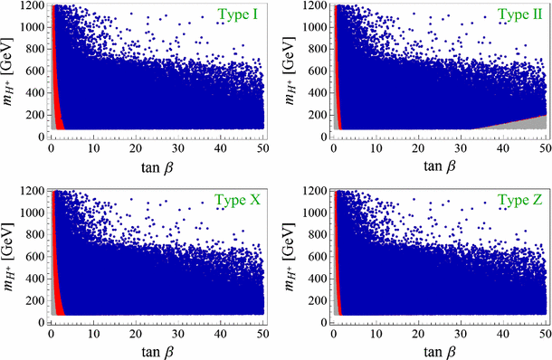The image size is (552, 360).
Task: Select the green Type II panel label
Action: [515, 15]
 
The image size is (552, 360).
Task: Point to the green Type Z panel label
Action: [515, 200]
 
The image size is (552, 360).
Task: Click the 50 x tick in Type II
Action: [545, 147]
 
